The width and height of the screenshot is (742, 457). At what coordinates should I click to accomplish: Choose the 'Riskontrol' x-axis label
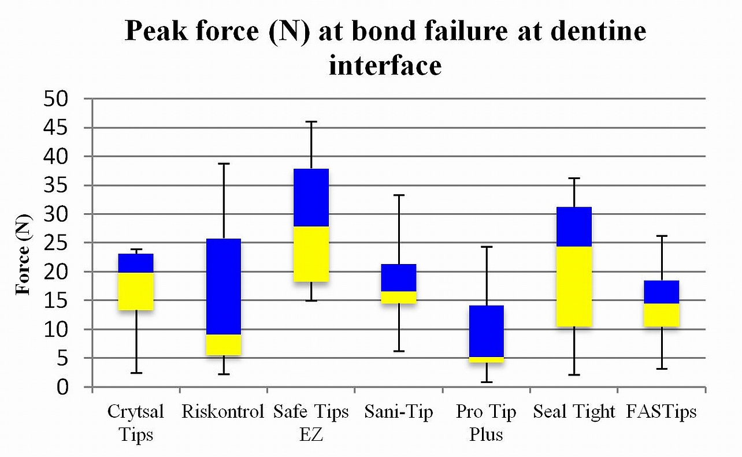[223, 412]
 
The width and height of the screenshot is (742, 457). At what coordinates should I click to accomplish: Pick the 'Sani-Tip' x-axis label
[398, 412]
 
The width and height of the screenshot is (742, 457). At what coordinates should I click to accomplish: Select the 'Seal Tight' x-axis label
[574, 412]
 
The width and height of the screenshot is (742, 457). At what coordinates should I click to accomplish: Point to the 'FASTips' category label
[661, 412]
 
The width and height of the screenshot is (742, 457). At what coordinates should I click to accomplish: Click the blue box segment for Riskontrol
[224, 287]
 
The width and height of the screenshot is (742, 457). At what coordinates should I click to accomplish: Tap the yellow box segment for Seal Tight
[574, 287]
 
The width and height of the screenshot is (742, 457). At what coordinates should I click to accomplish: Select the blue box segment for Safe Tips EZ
[311, 198]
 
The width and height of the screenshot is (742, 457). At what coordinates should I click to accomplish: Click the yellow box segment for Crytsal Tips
[136, 291]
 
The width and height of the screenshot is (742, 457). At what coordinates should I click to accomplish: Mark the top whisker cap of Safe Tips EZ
[311, 122]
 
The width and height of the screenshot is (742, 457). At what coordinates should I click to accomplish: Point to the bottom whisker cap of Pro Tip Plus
[486, 382]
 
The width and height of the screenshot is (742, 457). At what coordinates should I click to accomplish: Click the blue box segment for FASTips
[662, 292]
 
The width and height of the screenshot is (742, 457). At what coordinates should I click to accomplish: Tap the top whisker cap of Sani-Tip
[399, 195]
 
